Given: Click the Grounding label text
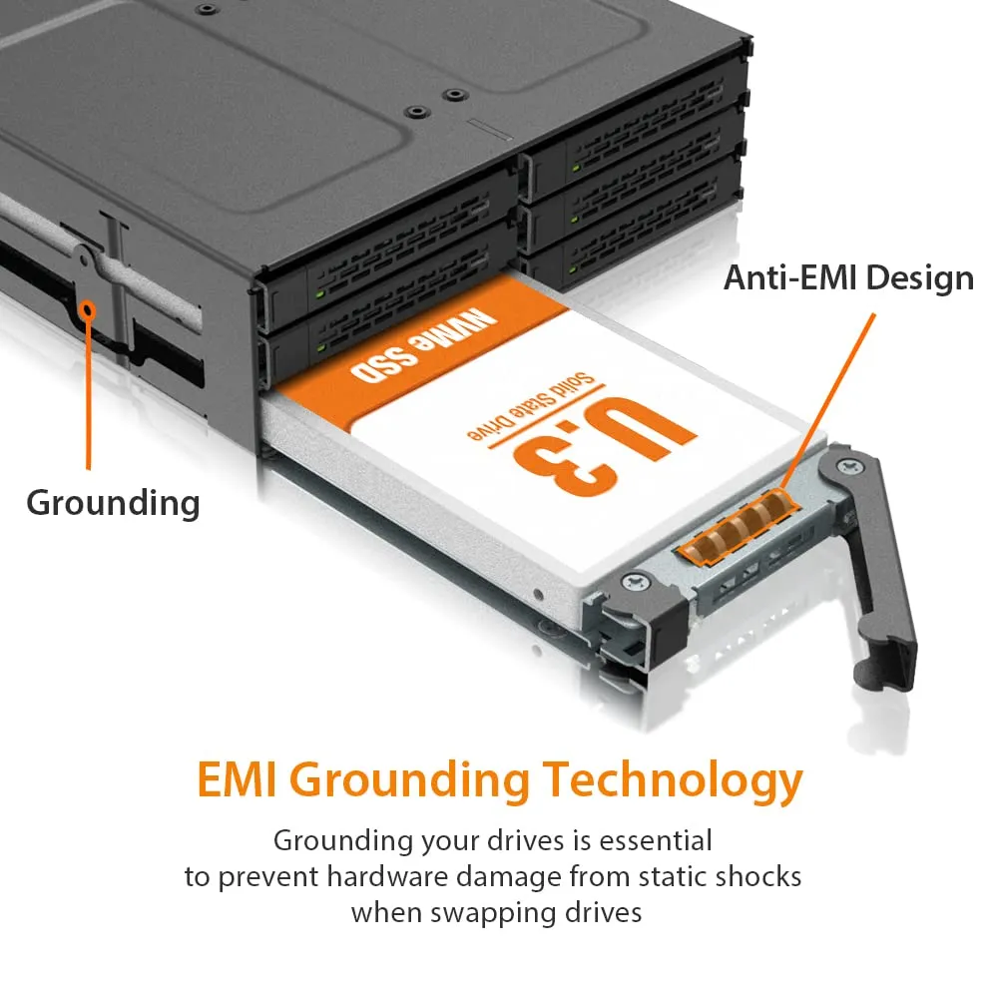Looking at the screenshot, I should coord(113,502).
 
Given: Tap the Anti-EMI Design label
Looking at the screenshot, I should coord(848,277).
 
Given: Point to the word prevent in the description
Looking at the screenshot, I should coord(271,877).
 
